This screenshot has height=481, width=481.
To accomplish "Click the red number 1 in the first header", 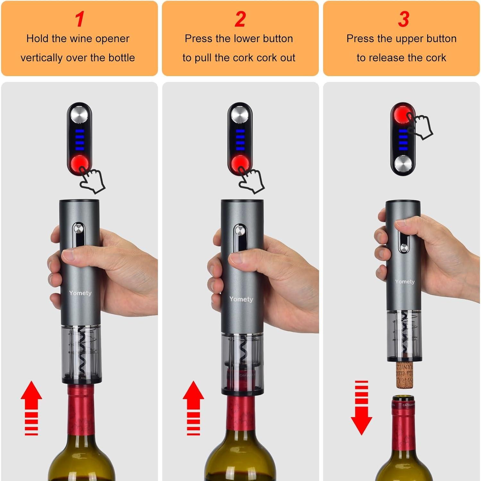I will (x=80, y=19).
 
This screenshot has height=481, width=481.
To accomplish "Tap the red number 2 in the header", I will (x=240, y=19).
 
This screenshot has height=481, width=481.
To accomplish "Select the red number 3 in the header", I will (x=403, y=19).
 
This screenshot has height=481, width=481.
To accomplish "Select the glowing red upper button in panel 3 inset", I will (x=402, y=114).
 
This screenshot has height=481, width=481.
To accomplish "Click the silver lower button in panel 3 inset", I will (x=403, y=164).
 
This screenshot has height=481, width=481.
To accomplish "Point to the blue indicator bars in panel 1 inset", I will (x=80, y=140).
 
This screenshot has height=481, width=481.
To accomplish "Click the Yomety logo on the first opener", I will (x=80, y=293).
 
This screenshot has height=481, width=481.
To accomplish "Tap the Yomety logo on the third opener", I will (x=405, y=282).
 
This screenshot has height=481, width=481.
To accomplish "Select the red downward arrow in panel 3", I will (x=361, y=408).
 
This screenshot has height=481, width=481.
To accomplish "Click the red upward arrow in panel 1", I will (x=31, y=408).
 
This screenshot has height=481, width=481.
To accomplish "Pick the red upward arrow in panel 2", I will (x=193, y=408).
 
